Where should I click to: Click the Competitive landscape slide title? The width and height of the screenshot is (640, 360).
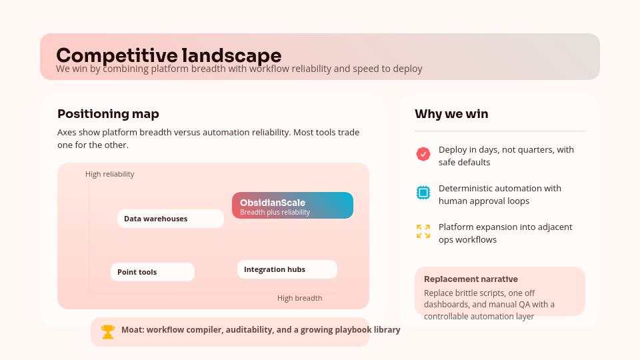pyautogui.click(x=169, y=55)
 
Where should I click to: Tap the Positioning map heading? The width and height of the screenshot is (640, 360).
pyautogui.click(x=108, y=114)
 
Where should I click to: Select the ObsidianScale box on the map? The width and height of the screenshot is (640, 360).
pyautogui.click(x=293, y=205)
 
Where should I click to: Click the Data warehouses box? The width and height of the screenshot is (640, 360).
pyautogui.click(x=171, y=219)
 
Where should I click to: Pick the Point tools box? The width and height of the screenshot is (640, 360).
pyautogui.click(x=153, y=272)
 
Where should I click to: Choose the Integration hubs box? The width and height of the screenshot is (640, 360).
pyautogui.click(x=287, y=269)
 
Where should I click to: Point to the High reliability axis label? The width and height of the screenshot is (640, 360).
pyautogui.click(x=110, y=174)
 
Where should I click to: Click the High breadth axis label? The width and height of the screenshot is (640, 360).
pyautogui.click(x=299, y=298)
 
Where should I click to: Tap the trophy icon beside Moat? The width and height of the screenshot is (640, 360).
pyautogui.click(x=108, y=331)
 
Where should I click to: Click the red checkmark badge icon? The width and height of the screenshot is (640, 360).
pyautogui.click(x=423, y=154)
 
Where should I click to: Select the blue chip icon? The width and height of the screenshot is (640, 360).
pyautogui.click(x=423, y=193)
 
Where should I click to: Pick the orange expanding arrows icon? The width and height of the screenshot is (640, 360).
pyautogui.click(x=423, y=231)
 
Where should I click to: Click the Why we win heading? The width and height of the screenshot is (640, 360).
pyautogui.click(x=451, y=114)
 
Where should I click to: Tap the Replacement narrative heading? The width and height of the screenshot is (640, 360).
pyautogui.click(x=471, y=279)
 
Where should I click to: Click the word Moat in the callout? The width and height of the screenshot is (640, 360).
pyautogui.click(x=132, y=329)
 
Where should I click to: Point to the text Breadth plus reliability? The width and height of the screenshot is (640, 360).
pyautogui.click(x=275, y=212)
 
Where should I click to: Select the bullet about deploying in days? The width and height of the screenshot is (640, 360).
pyautogui.click(x=506, y=156)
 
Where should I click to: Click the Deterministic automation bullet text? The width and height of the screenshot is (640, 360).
pyautogui.click(x=500, y=195)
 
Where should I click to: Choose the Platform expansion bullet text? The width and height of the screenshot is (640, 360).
pyautogui.click(x=505, y=233)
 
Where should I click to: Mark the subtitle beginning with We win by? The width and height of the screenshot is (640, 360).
pyautogui.click(x=239, y=69)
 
